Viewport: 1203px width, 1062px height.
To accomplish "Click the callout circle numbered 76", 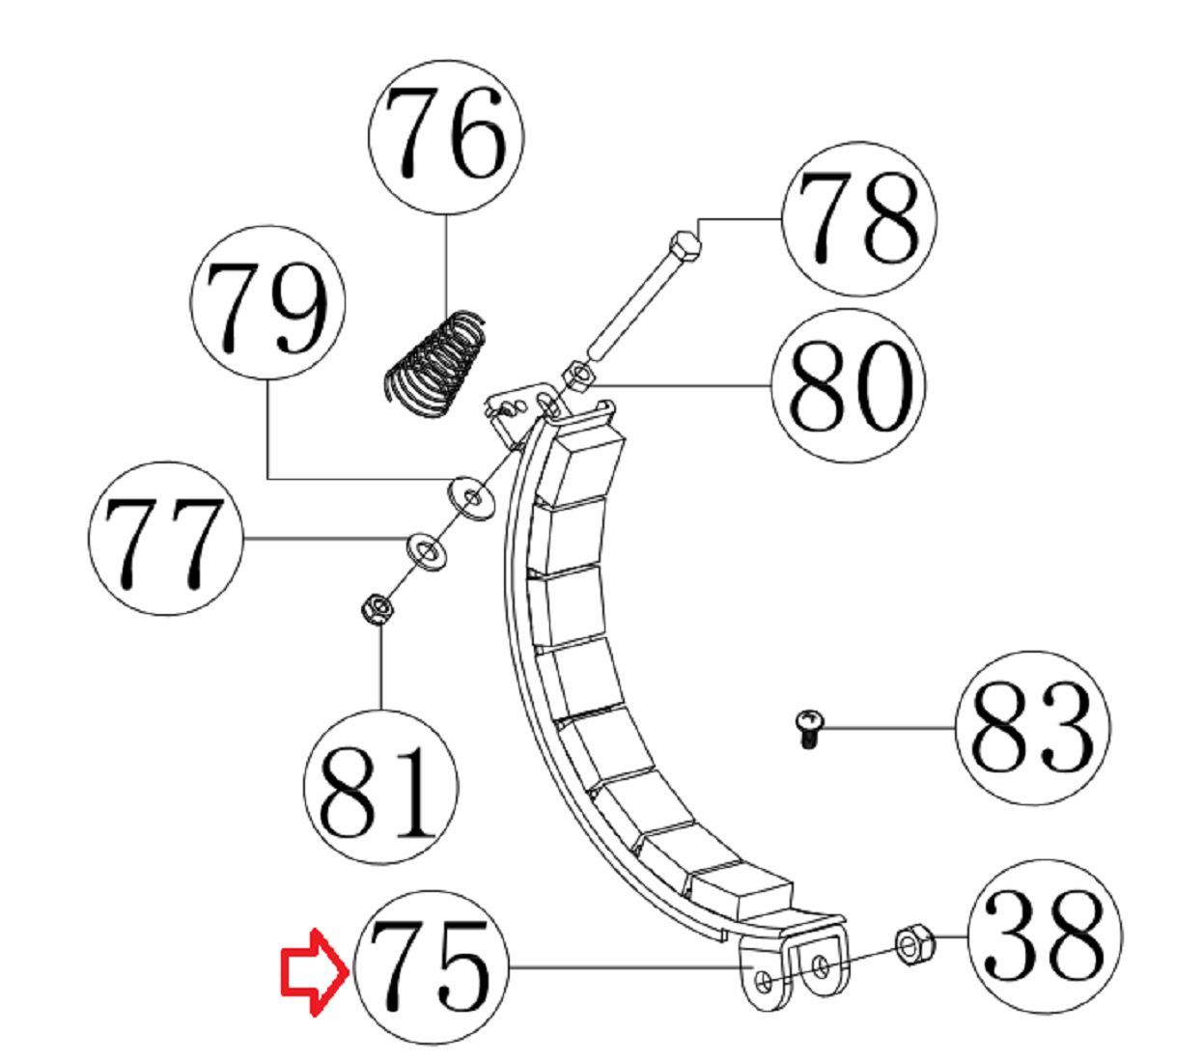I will (446, 136).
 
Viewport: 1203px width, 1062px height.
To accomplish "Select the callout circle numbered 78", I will (860, 219).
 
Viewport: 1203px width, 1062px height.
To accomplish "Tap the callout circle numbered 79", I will (267, 302).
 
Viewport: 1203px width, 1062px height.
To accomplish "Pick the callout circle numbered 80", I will (849, 386).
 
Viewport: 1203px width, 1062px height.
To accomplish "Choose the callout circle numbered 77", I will (165, 538).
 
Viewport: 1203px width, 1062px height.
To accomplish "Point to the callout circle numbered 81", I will (380, 788).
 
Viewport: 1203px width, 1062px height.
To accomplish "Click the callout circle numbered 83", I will (1032, 728).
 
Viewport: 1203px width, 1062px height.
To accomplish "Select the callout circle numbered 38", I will (1045, 936).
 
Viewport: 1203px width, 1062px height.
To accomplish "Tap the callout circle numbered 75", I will (432, 966).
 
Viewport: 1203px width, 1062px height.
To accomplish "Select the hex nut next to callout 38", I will (913, 943).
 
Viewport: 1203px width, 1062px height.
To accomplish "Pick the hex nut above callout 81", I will (376, 609).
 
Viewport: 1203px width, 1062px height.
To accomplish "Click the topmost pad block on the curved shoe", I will (584, 463).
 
